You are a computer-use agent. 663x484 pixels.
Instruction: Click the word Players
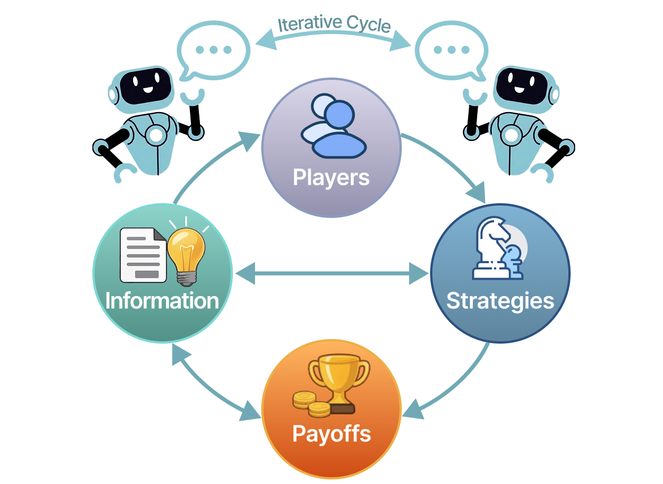click(x=331, y=178)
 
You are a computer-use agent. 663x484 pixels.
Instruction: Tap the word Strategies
click(x=500, y=301)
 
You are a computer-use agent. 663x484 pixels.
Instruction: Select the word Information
click(x=162, y=301)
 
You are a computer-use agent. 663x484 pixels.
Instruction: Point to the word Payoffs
click(x=331, y=434)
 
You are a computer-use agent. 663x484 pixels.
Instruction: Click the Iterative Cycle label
click(x=334, y=24)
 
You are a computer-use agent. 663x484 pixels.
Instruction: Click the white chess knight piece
click(x=491, y=246)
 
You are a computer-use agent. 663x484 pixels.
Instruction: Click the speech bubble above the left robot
click(x=213, y=51)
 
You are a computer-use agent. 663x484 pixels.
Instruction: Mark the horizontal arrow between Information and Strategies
click(x=331, y=276)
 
